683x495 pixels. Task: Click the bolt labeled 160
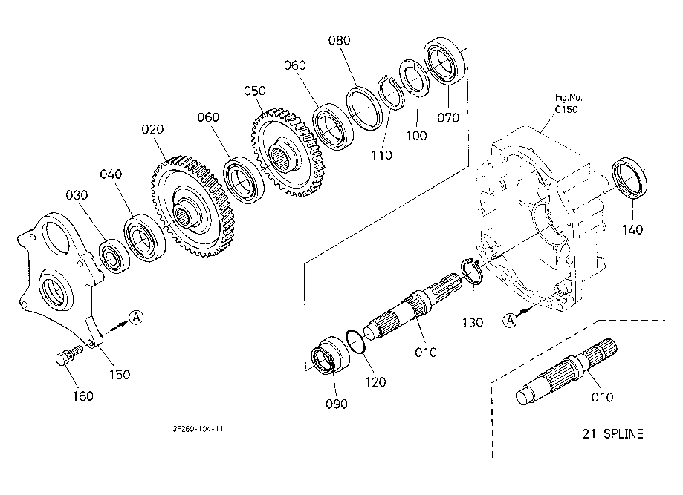pyautogui.click(x=68, y=355)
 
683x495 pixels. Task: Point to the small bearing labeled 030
pyautogui.click(x=114, y=256)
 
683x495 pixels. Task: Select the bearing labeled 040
pyautogui.click(x=144, y=237)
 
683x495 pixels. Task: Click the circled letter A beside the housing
pyautogui.click(x=510, y=320)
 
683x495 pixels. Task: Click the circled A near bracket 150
pyautogui.click(x=136, y=317)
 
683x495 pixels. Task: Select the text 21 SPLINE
pyautogui.click(x=612, y=433)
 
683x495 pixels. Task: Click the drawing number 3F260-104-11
pyautogui.click(x=198, y=428)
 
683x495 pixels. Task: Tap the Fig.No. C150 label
pyautogui.click(x=568, y=103)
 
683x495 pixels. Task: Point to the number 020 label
pyautogui.click(x=152, y=129)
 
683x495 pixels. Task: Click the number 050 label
pyautogui.click(x=254, y=91)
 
